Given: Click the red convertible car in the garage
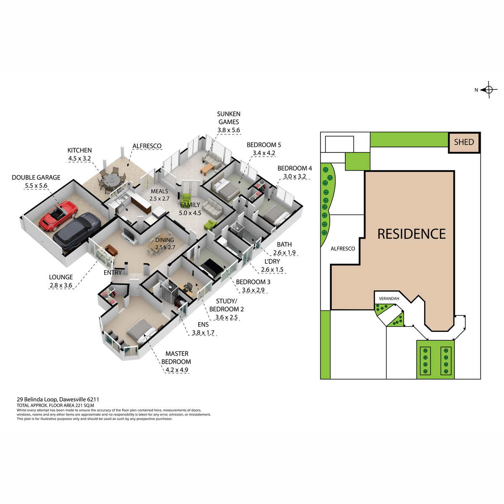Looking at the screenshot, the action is click(x=58, y=215).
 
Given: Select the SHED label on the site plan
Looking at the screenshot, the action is click(x=464, y=142).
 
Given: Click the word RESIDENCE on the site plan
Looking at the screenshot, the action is click(x=411, y=234).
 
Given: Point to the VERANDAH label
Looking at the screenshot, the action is click(x=389, y=299).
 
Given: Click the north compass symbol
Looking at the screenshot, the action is click(x=488, y=90).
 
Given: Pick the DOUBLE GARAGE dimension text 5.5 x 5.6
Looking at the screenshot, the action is click(x=36, y=186).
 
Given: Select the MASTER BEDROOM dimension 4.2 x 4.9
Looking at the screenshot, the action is click(x=177, y=370).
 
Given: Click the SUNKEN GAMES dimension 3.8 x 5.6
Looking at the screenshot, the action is click(x=228, y=130).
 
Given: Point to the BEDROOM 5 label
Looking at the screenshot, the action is click(x=264, y=144).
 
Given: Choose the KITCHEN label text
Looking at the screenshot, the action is click(x=79, y=150).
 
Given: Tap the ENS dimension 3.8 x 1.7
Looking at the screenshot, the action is click(x=203, y=333).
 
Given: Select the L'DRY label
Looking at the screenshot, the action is click(x=272, y=261).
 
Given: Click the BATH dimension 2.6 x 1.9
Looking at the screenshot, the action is click(x=284, y=253).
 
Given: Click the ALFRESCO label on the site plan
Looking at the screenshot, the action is click(x=343, y=249).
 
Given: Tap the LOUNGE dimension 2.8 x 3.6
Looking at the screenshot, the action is click(x=60, y=285).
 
